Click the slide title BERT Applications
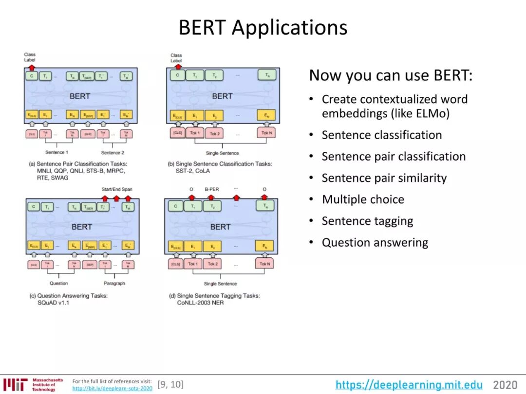(x=263, y=27)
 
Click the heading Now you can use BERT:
(x=391, y=75)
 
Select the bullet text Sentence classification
(x=381, y=135)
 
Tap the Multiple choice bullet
(x=363, y=199)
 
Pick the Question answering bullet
(x=375, y=242)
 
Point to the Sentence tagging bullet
(x=367, y=221)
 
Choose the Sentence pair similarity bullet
(x=384, y=178)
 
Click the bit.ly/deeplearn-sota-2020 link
(x=112, y=388)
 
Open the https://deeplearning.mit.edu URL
(x=409, y=385)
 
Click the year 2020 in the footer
(x=505, y=385)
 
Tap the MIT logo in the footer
(x=14, y=384)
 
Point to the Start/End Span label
(x=116, y=189)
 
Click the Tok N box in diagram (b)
(x=266, y=133)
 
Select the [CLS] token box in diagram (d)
(x=175, y=264)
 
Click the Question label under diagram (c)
(x=59, y=283)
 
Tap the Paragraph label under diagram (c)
(x=114, y=283)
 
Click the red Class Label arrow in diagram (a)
(x=32, y=67)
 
